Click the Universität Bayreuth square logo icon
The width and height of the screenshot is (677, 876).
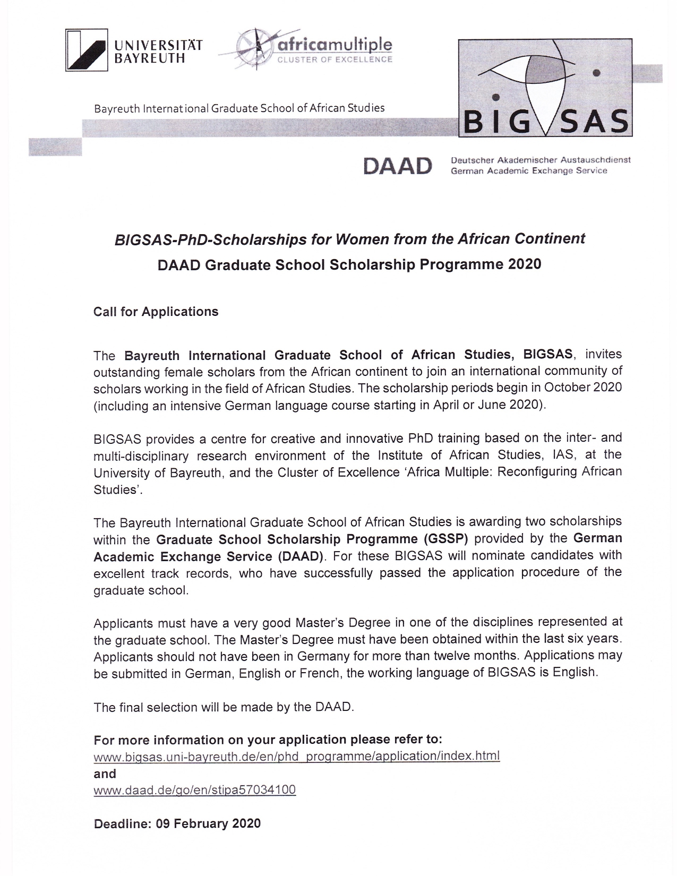(x=87, y=50)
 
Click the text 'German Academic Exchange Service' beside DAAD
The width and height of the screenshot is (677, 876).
(x=528, y=171)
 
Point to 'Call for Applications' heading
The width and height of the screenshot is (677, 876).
(x=156, y=312)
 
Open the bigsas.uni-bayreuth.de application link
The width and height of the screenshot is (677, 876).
(x=296, y=755)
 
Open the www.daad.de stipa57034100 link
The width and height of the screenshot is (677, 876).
(x=194, y=790)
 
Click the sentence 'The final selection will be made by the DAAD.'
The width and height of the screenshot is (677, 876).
(x=224, y=707)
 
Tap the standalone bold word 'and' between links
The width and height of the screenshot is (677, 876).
(x=105, y=774)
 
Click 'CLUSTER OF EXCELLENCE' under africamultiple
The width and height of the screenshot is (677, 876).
(x=332, y=59)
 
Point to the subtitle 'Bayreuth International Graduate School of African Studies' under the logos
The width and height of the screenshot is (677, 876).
(x=239, y=108)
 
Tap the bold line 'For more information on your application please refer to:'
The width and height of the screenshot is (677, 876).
(x=268, y=740)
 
